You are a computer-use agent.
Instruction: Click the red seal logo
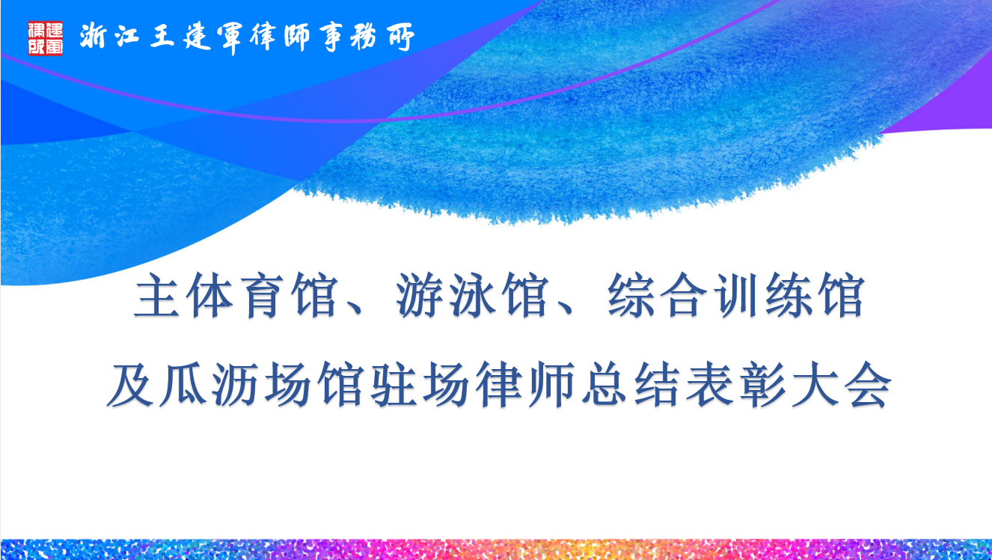46,38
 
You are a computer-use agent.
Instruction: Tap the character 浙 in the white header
93,36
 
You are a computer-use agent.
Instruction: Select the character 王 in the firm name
162,37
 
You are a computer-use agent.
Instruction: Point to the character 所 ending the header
401,37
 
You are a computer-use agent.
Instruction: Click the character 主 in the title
157,295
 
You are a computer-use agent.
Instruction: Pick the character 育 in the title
262,295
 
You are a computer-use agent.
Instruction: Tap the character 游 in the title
419,295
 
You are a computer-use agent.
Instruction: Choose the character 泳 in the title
472,295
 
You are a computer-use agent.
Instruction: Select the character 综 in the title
631,295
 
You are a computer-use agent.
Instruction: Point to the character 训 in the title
736,295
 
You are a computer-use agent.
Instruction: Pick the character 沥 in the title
236,384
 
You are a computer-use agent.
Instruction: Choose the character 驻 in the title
394,384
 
